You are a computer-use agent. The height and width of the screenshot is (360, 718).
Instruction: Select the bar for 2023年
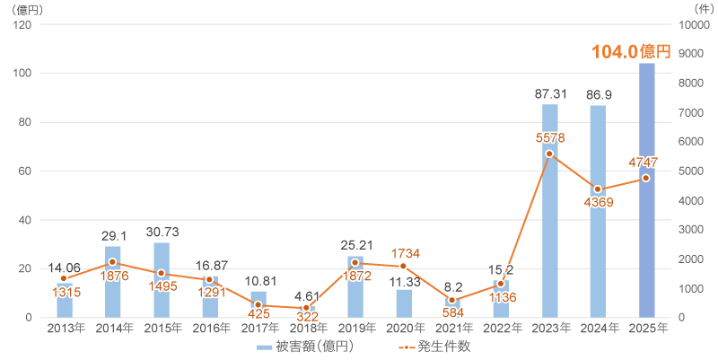(549, 211)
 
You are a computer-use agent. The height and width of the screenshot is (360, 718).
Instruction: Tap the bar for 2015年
(162, 280)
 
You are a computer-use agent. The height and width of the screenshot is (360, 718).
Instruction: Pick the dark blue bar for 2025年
(646, 190)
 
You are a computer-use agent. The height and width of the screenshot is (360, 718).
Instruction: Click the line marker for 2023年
(549, 154)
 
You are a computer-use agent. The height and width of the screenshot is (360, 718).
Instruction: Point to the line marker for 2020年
(404, 266)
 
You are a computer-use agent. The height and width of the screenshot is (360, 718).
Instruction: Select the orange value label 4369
(598, 203)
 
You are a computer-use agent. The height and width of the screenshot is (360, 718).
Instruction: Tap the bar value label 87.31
(549, 94)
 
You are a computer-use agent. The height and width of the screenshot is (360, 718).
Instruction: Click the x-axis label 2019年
(355, 329)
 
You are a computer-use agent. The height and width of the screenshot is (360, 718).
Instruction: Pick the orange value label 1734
(404, 252)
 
